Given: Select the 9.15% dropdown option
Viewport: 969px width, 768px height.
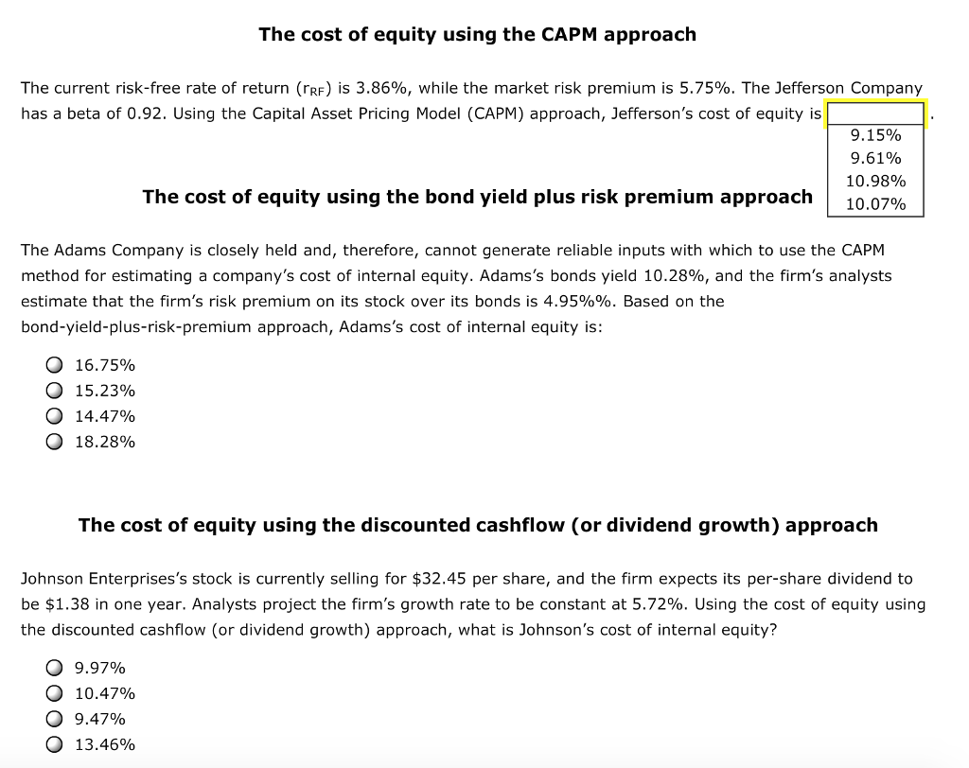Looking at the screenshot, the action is pos(875,134).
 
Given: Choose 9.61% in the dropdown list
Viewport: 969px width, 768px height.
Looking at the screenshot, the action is pos(875,158).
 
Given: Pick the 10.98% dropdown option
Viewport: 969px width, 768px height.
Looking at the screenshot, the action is pos(875,181).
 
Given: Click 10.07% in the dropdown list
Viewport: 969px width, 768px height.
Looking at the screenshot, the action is pos(875,204).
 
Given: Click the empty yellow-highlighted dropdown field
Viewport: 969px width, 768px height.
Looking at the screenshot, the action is pos(875,114).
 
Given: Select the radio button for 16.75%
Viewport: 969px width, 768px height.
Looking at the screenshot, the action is pos(54,365).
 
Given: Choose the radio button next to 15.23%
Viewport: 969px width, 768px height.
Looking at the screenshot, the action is pos(54,391).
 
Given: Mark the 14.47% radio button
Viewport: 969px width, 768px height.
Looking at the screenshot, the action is pos(54,416).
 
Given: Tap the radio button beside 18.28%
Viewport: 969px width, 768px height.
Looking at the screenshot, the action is pos(54,442).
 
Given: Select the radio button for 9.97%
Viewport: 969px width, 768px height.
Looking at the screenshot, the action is pos(54,668).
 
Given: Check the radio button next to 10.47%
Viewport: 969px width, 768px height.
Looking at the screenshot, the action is pos(54,693).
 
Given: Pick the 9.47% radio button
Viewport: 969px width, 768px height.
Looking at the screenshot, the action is pos(54,719).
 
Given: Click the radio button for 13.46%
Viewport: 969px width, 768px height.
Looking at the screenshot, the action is pos(54,744).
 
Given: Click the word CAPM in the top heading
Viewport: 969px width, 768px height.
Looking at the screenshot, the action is pos(569,34).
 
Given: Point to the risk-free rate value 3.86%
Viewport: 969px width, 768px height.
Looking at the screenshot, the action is pos(381,88).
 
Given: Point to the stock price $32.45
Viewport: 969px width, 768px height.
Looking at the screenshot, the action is pos(439,579).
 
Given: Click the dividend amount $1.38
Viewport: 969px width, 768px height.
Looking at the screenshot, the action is pos(67,604).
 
